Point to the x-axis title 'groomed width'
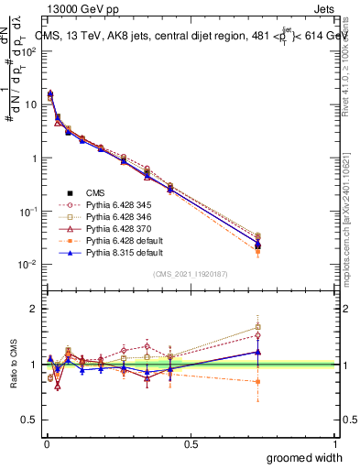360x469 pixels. pyautogui.click(x=305, y=457)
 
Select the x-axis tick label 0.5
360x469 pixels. pyautogui.click(x=190, y=443)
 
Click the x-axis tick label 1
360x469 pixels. pyautogui.click(x=335, y=443)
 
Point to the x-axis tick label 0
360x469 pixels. pyautogui.click(x=45, y=443)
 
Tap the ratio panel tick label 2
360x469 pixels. pyautogui.click(x=34, y=309)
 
